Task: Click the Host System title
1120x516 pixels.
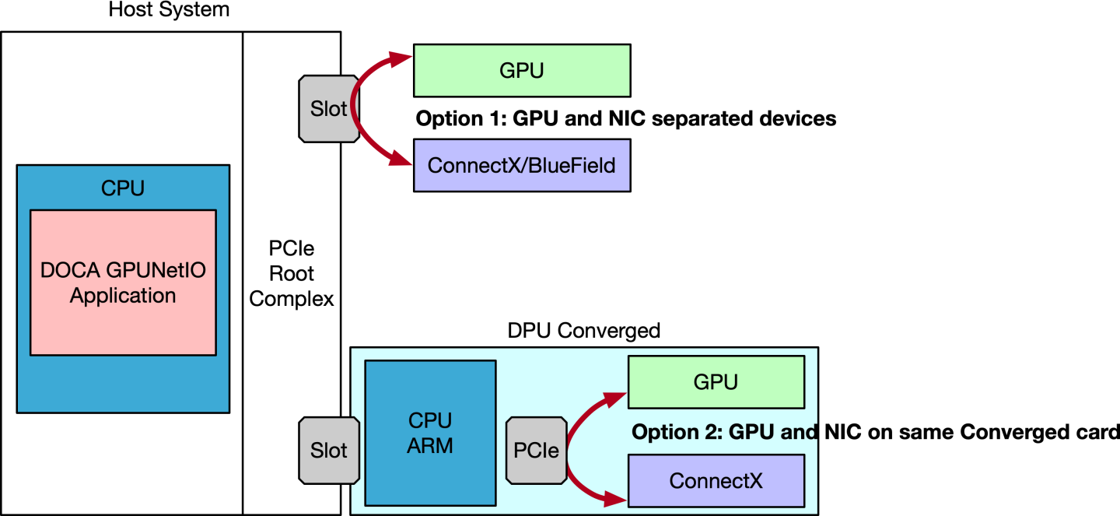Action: click(x=169, y=10)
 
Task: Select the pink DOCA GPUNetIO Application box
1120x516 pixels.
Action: click(x=123, y=282)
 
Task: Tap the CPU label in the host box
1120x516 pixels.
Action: click(x=123, y=188)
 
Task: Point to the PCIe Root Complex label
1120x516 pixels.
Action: click(x=292, y=274)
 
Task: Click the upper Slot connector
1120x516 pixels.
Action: click(x=328, y=109)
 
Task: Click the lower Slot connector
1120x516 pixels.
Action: click(x=328, y=451)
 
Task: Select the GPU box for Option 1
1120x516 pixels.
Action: click(x=521, y=70)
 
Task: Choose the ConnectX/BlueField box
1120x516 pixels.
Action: click(x=521, y=165)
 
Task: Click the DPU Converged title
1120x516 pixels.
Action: click(x=583, y=331)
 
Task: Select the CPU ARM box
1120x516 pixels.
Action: click(x=430, y=433)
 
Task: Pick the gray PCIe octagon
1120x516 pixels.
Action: click(x=537, y=450)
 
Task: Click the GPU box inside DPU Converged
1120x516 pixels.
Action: click(x=716, y=382)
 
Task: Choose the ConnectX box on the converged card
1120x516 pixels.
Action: click(x=716, y=480)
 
